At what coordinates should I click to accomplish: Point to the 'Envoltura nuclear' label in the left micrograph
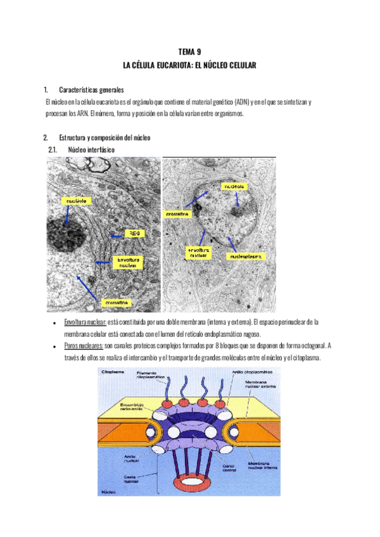[x=128, y=262]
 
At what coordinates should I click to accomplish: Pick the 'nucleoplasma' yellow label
[x=244, y=256]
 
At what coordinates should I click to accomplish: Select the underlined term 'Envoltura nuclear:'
[x=85, y=322]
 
